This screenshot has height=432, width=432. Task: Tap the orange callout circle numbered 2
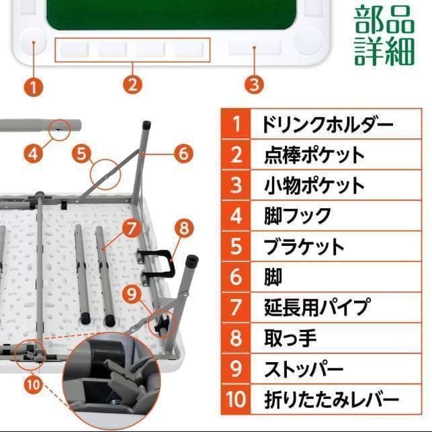pyautogui.click(x=133, y=85)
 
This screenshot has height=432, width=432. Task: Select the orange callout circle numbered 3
pyautogui.click(x=253, y=85)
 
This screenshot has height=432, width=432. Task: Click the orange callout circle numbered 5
pyautogui.click(x=82, y=153)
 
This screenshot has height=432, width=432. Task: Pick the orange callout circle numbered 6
pyautogui.click(x=183, y=153)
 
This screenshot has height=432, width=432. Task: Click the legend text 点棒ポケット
pyautogui.click(x=314, y=155)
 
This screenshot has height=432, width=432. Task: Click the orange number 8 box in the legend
pyautogui.click(x=235, y=338)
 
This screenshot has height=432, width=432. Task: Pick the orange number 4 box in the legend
pyautogui.click(x=235, y=216)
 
